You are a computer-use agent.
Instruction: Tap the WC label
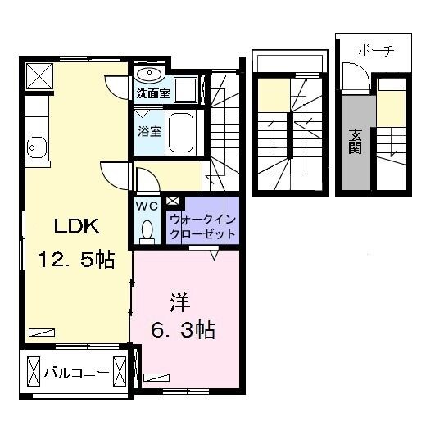tap(147, 206)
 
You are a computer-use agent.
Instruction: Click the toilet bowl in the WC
tap(147, 230)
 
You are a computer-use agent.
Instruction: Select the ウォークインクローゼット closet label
tap(202, 226)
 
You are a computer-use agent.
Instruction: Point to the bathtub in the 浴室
tap(182, 133)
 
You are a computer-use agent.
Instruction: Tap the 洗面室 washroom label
tap(154, 93)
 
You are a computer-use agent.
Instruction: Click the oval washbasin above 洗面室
tap(150, 75)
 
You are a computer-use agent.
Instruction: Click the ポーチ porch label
tap(376, 51)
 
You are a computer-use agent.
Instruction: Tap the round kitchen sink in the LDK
tap(35, 148)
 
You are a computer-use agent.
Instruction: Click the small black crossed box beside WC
tap(173, 199)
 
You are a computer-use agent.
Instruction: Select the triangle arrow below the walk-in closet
tap(214, 255)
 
